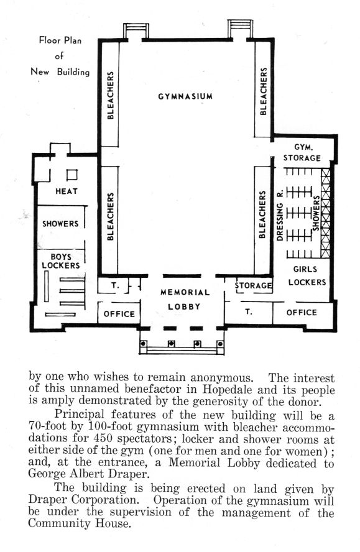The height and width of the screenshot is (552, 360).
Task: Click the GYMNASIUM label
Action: tap(185, 96)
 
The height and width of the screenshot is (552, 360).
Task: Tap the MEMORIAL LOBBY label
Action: tap(185, 299)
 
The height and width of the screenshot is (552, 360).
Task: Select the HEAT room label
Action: tap(67, 191)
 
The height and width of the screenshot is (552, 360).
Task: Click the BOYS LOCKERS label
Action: tap(61, 261)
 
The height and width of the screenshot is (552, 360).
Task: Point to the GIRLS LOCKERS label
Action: tap(307, 275)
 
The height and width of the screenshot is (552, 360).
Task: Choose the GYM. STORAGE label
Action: tap(302, 153)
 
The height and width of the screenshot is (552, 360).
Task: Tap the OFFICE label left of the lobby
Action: tap(119, 314)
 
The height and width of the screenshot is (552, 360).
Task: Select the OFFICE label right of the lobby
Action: tap(302, 312)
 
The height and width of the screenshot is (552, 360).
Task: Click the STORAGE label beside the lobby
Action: tap(254, 285)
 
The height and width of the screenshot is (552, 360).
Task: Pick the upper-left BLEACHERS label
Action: tap(111, 95)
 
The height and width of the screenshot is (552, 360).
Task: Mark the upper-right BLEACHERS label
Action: tap(263, 91)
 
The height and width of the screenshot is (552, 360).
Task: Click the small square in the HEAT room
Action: tap(72, 175)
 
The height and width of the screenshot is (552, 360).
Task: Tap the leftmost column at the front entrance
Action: tap(144, 343)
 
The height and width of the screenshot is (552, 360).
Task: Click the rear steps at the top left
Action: tap(136, 30)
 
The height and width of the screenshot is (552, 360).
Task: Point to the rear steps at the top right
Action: tap(240, 28)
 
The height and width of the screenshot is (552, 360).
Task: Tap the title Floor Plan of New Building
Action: tap(60, 56)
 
